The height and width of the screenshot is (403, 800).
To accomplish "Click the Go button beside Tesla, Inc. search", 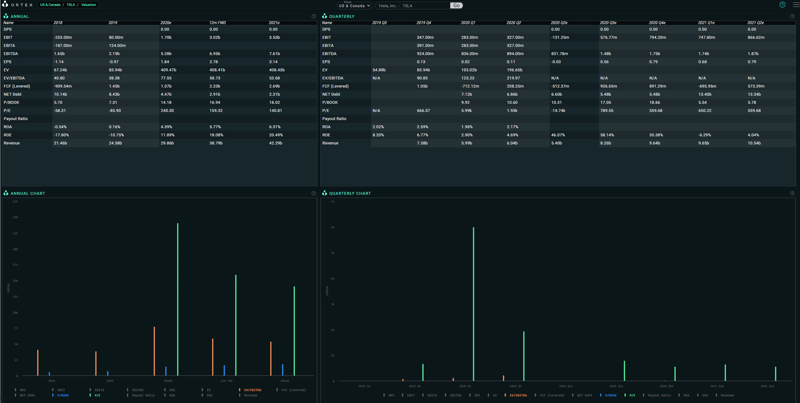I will coord(456,6).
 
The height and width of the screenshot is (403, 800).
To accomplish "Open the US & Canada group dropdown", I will coord(354,6).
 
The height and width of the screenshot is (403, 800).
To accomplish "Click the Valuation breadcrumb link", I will coord(88,5).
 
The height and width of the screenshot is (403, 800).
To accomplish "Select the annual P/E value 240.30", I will coord(167,111).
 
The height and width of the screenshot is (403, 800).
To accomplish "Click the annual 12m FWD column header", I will coord(217,23).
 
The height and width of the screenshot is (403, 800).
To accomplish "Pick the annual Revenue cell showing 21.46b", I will coord(60,143).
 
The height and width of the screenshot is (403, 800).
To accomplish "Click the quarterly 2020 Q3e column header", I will coord(608,23).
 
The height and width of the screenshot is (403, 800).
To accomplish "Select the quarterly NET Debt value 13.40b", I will coord(705,94).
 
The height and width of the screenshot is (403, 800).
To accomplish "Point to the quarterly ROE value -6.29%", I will coord(704,135).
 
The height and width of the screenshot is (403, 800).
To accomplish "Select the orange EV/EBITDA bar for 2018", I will coord(38,363).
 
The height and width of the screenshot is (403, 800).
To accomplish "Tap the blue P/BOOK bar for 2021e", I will coord(283,370).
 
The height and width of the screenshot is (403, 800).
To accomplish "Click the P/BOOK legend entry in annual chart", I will coord(63,395).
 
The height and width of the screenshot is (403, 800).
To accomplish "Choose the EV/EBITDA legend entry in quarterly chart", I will coord(518,395).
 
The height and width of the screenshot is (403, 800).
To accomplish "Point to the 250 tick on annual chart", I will coord(15,217).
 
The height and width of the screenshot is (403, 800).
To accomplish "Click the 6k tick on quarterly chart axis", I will coord(333,227).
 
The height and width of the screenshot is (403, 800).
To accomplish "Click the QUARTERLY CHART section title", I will coord(350,194).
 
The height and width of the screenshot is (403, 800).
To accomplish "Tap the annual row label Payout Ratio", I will coord(16,119).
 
